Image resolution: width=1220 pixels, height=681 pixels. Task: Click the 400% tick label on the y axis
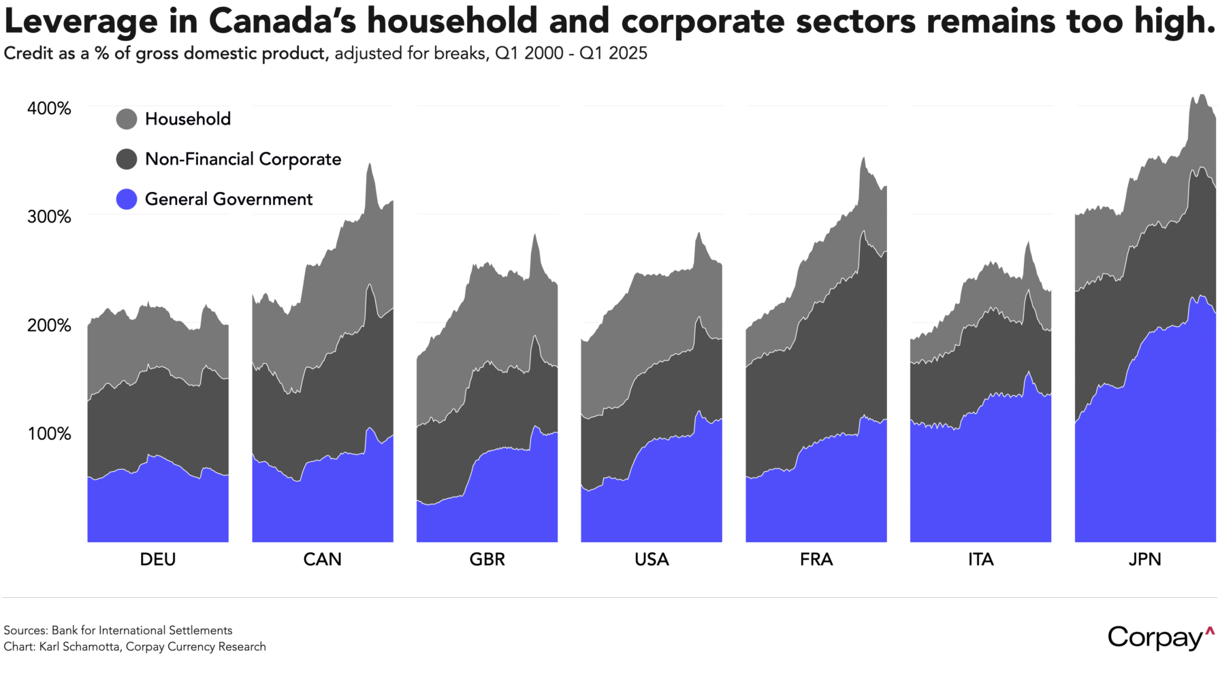coord(49,108)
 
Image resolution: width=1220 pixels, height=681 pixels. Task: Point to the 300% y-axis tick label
coord(49,217)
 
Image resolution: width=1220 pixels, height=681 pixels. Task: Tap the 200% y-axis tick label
coord(49,325)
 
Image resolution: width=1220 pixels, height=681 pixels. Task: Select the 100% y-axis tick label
coord(49,433)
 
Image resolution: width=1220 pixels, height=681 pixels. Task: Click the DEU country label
coord(158,559)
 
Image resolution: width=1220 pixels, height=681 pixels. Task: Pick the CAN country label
coord(322,559)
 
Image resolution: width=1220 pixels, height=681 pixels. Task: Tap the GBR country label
coord(487,559)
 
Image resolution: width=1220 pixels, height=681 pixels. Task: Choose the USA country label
coord(652,559)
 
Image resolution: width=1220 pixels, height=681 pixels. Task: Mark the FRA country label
coord(816,559)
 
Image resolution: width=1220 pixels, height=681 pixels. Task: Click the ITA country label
coord(981,559)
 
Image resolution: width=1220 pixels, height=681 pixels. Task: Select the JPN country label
coord(1145,559)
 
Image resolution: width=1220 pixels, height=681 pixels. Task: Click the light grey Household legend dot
coord(127,119)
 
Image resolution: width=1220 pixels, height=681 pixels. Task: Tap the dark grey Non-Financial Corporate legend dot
coord(127,159)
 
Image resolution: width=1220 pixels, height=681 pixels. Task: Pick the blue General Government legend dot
coord(127,199)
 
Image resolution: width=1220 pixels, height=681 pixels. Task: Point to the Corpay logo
coord(1161,637)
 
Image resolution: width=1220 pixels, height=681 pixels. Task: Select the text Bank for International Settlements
coord(142,630)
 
